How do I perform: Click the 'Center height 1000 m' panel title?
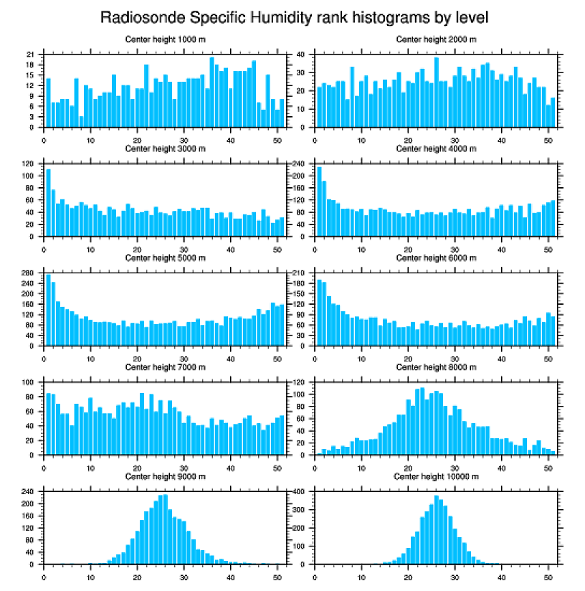165,39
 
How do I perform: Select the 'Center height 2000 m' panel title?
436,39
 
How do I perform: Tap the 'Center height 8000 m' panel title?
436,367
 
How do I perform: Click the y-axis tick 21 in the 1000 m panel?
31,55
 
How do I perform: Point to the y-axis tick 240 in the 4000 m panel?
301,164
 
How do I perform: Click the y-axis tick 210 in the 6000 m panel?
301,273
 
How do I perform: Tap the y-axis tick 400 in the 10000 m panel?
301,491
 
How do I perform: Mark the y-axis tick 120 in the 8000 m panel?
301,382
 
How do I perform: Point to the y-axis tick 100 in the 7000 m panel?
31,382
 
